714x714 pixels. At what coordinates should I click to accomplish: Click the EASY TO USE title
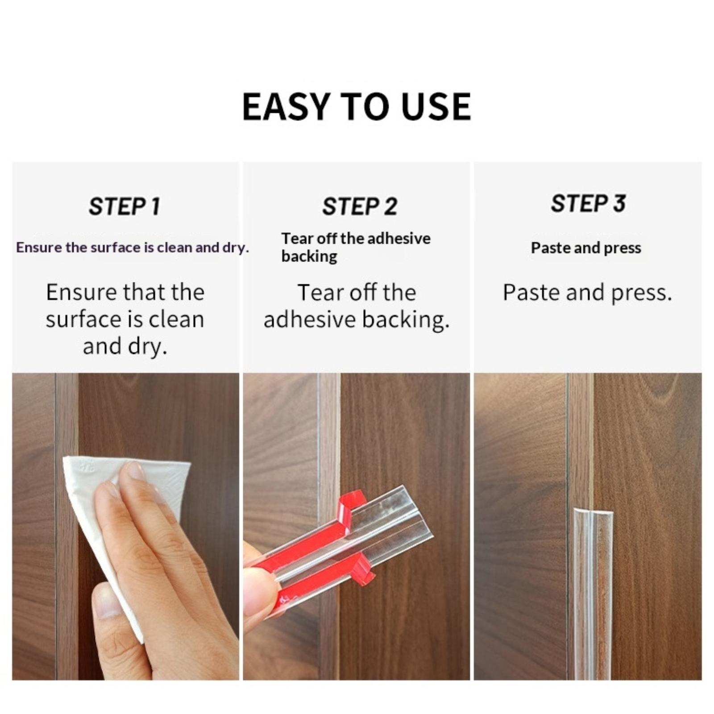coord(356,107)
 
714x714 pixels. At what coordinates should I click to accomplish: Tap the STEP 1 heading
coord(124,207)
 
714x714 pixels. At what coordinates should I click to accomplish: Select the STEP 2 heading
coord(359,207)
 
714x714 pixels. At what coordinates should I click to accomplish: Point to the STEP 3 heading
coord(588,203)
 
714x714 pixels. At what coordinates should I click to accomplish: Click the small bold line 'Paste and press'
coord(586,248)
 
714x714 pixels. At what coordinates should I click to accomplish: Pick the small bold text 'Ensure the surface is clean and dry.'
coord(133,248)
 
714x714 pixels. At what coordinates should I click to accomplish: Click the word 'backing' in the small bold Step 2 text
coord(309,256)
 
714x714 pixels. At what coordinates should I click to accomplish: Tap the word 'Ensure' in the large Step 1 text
coord(82,293)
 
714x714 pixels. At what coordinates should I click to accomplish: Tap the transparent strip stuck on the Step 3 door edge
coord(593,594)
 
